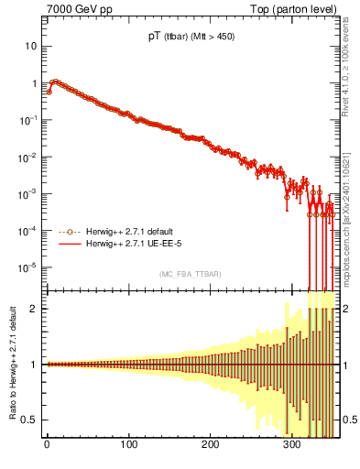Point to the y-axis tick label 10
point(31,46)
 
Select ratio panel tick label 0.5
point(32,420)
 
